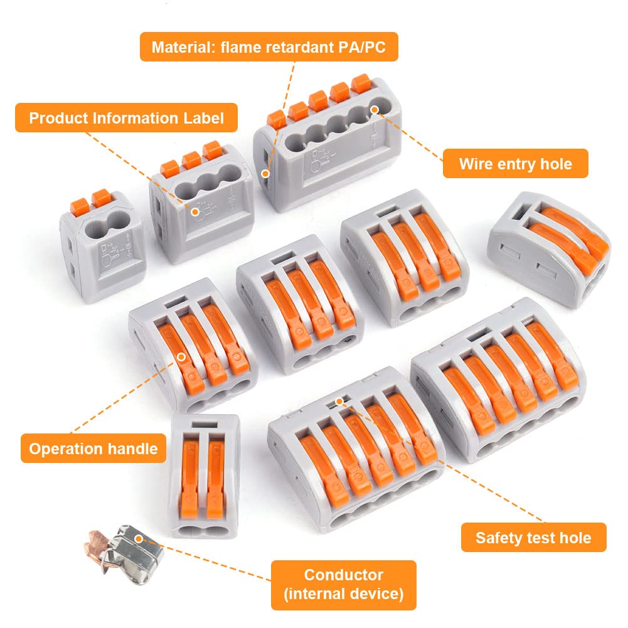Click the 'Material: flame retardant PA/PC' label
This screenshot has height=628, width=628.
click(x=269, y=47)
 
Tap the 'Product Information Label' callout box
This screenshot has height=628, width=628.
click(x=126, y=118)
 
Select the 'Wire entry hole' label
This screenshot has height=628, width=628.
click(x=516, y=163)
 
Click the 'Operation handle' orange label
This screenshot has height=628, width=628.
click(x=93, y=448)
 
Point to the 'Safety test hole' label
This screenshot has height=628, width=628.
click(x=533, y=537)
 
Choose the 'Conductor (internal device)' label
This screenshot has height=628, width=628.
click(x=344, y=585)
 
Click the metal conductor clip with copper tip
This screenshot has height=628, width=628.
click(x=124, y=555)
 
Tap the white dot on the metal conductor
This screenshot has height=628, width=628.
click(x=139, y=539)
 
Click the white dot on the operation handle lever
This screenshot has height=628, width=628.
click(x=181, y=356)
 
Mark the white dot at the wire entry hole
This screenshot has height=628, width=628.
click(x=375, y=109)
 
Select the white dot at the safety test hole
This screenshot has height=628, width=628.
click(x=339, y=401)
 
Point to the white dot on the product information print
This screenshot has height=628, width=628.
click(x=195, y=211)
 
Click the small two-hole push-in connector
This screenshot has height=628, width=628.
click(x=102, y=246)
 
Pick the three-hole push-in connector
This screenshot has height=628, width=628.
click(x=201, y=202)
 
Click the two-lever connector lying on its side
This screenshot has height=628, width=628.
click(x=550, y=248)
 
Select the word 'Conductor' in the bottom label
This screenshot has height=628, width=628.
click(x=344, y=575)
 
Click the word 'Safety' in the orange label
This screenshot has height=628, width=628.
click(x=496, y=538)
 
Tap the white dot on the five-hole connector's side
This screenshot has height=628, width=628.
click(x=265, y=173)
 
